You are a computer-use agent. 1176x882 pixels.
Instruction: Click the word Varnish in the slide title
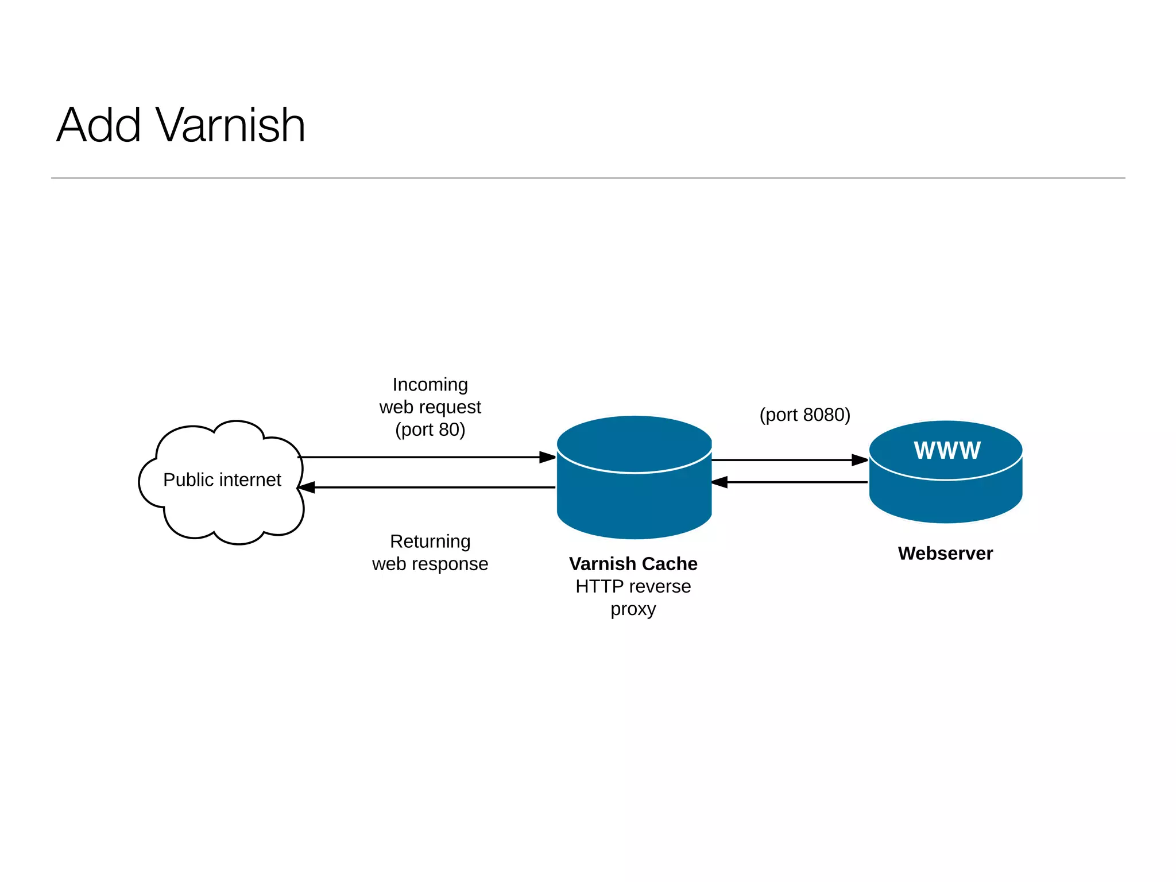click(x=230, y=125)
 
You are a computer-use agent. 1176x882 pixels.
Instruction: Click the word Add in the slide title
click(x=99, y=125)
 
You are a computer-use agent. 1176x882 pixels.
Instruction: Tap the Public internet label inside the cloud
click(x=222, y=479)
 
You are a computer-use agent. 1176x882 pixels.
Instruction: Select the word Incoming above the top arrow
click(x=430, y=384)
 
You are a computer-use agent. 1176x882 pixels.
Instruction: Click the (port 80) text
click(x=430, y=430)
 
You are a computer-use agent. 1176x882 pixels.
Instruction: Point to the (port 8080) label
click(x=804, y=415)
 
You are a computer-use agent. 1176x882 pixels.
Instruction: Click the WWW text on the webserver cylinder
click(x=947, y=450)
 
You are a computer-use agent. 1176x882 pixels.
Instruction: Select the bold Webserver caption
click(x=945, y=553)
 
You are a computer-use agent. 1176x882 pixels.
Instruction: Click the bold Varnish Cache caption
click(x=633, y=564)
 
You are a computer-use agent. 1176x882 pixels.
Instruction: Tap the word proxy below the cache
click(x=633, y=609)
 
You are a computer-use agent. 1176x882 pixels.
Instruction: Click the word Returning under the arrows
click(x=430, y=541)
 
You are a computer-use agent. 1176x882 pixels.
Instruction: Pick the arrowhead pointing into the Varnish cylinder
click(x=547, y=457)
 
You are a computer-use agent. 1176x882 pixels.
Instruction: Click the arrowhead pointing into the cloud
click(x=307, y=488)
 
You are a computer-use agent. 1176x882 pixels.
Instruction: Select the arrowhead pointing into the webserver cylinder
click(x=859, y=460)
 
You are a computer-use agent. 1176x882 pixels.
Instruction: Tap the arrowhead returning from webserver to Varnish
click(x=720, y=482)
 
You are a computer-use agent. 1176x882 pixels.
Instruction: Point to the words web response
click(x=430, y=564)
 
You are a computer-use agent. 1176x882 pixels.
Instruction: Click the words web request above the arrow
click(x=430, y=407)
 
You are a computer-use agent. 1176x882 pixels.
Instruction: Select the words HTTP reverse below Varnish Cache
click(x=633, y=586)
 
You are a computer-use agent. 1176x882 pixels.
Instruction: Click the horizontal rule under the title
click(x=588, y=178)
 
